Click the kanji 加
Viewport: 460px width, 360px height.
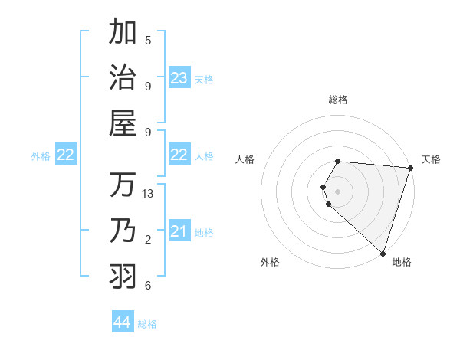pos(123,33)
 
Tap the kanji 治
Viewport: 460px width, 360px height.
pos(123,78)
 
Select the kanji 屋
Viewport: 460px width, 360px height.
pos(123,123)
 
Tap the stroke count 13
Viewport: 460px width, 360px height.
pos(149,194)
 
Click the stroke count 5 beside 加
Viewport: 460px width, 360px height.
pos(148,40)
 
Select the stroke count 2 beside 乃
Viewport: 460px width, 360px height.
pos(148,240)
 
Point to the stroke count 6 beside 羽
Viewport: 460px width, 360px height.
pos(148,286)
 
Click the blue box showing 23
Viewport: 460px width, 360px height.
pos(179,78)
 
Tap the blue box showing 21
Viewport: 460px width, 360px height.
pos(179,231)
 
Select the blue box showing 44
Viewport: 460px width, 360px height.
pos(123,322)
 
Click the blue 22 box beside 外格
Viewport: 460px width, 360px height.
pos(66,155)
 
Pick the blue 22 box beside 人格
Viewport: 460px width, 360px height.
pos(179,155)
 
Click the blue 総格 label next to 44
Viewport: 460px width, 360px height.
pos(147,324)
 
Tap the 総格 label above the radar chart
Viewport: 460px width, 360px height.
pos(338,100)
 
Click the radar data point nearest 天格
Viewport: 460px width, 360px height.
pos(410,169)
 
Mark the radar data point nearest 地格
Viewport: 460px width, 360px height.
pos(383,253)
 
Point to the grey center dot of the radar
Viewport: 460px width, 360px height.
pos(338,190)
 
